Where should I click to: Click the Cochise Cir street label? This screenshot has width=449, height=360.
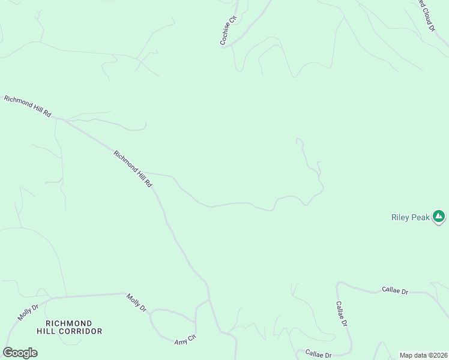pyautogui.click(x=229, y=31)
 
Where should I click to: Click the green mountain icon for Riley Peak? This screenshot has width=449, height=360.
pyautogui.click(x=439, y=216)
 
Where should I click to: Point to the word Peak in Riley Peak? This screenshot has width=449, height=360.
pyautogui.click(x=420, y=218)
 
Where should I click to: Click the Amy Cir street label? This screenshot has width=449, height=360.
pyautogui.click(x=185, y=340)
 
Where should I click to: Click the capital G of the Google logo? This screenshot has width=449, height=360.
pyautogui.click(x=8, y=353)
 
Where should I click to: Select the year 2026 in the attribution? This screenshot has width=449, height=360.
pyautogui.click(x=438, y=355)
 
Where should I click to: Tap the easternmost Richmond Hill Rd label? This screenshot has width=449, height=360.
pyautogui.click(x=133, y=168)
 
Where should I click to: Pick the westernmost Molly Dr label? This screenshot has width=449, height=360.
pyautogui.click(x=28, y=313)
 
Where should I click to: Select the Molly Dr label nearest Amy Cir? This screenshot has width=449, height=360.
pyautogui.click(x=136, y=302)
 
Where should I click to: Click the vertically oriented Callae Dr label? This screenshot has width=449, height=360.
pyautogui.click(x=342, y=314)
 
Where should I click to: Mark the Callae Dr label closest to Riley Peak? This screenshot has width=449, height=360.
pyautogui.click(x=395, y=291)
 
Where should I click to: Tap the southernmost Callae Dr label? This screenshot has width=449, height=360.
pyautogui.click(x=318, y=354)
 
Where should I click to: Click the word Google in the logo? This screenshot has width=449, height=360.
pyautogui.click(x=20, y=353)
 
